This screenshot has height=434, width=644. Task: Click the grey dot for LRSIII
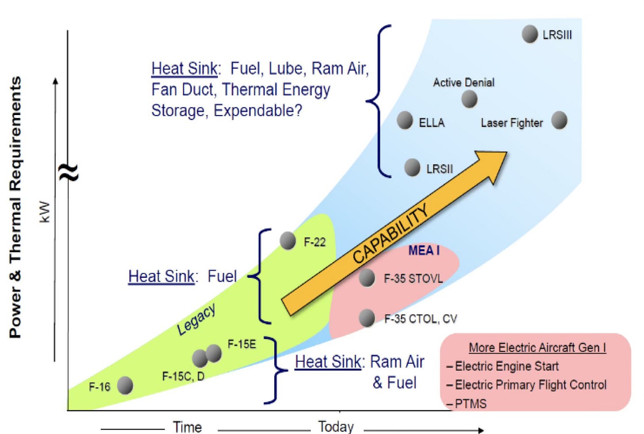tap(529, 34)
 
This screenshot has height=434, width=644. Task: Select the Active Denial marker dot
tap(469, 99)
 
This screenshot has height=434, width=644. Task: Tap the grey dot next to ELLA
tap(405, 120)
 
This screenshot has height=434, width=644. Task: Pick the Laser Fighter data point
tap(560, 120)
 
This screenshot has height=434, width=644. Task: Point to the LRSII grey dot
tap(412, 168)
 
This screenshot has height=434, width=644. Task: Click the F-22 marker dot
tap(288, 241)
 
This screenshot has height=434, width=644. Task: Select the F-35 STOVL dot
tap(367, 278)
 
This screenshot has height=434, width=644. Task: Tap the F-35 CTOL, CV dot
tap(367, 318)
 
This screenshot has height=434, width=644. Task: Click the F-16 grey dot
tap(125, 385)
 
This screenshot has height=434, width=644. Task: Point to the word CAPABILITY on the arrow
tap(391, 234)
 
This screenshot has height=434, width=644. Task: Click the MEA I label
tap(424, 251)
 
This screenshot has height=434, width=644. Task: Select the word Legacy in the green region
tap(196, 319)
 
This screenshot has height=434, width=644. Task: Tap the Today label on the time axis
tap(336, 426)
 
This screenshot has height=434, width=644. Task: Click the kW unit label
tap(45, 211)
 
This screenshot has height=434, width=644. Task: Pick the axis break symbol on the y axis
tap(69, 172)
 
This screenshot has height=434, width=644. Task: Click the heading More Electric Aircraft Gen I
tap(537, 348)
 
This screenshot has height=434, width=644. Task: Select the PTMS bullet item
tap(471, 403)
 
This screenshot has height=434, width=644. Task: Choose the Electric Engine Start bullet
tap(506, 366)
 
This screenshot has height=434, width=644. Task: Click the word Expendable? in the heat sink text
tap(258, 111)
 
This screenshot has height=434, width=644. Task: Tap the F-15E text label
tap(241, 344)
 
